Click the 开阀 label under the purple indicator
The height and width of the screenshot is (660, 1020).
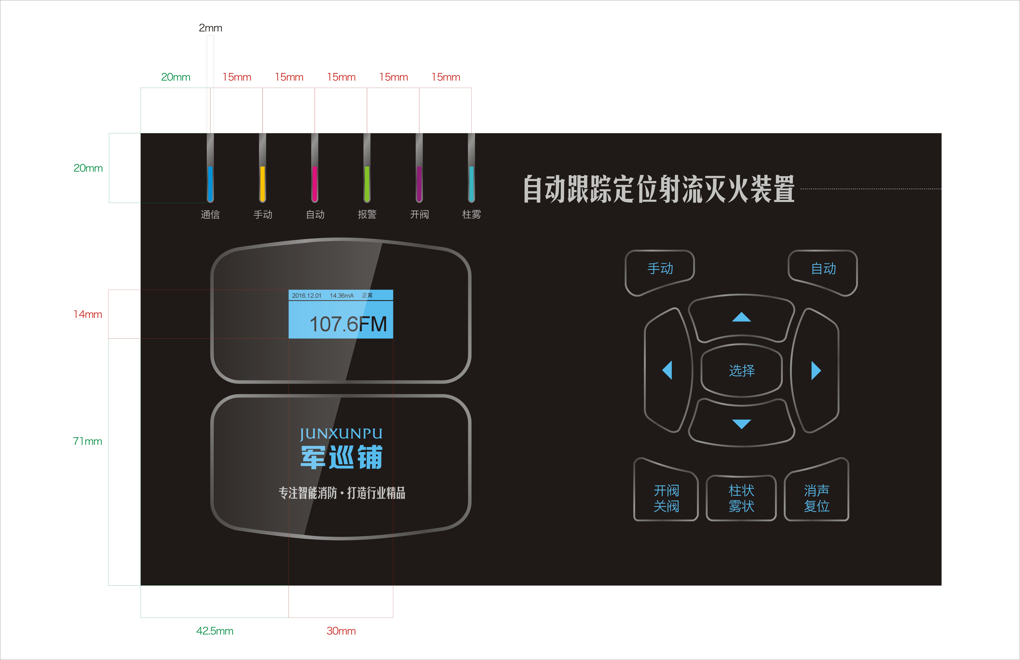419,214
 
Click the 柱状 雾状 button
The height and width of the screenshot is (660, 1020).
742,498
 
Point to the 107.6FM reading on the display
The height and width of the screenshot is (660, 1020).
348,324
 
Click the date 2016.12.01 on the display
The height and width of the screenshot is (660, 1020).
306,295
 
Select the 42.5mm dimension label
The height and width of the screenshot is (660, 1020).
215,631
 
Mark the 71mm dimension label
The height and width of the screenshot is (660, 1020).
87,441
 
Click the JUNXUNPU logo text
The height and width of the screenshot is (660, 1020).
341,434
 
